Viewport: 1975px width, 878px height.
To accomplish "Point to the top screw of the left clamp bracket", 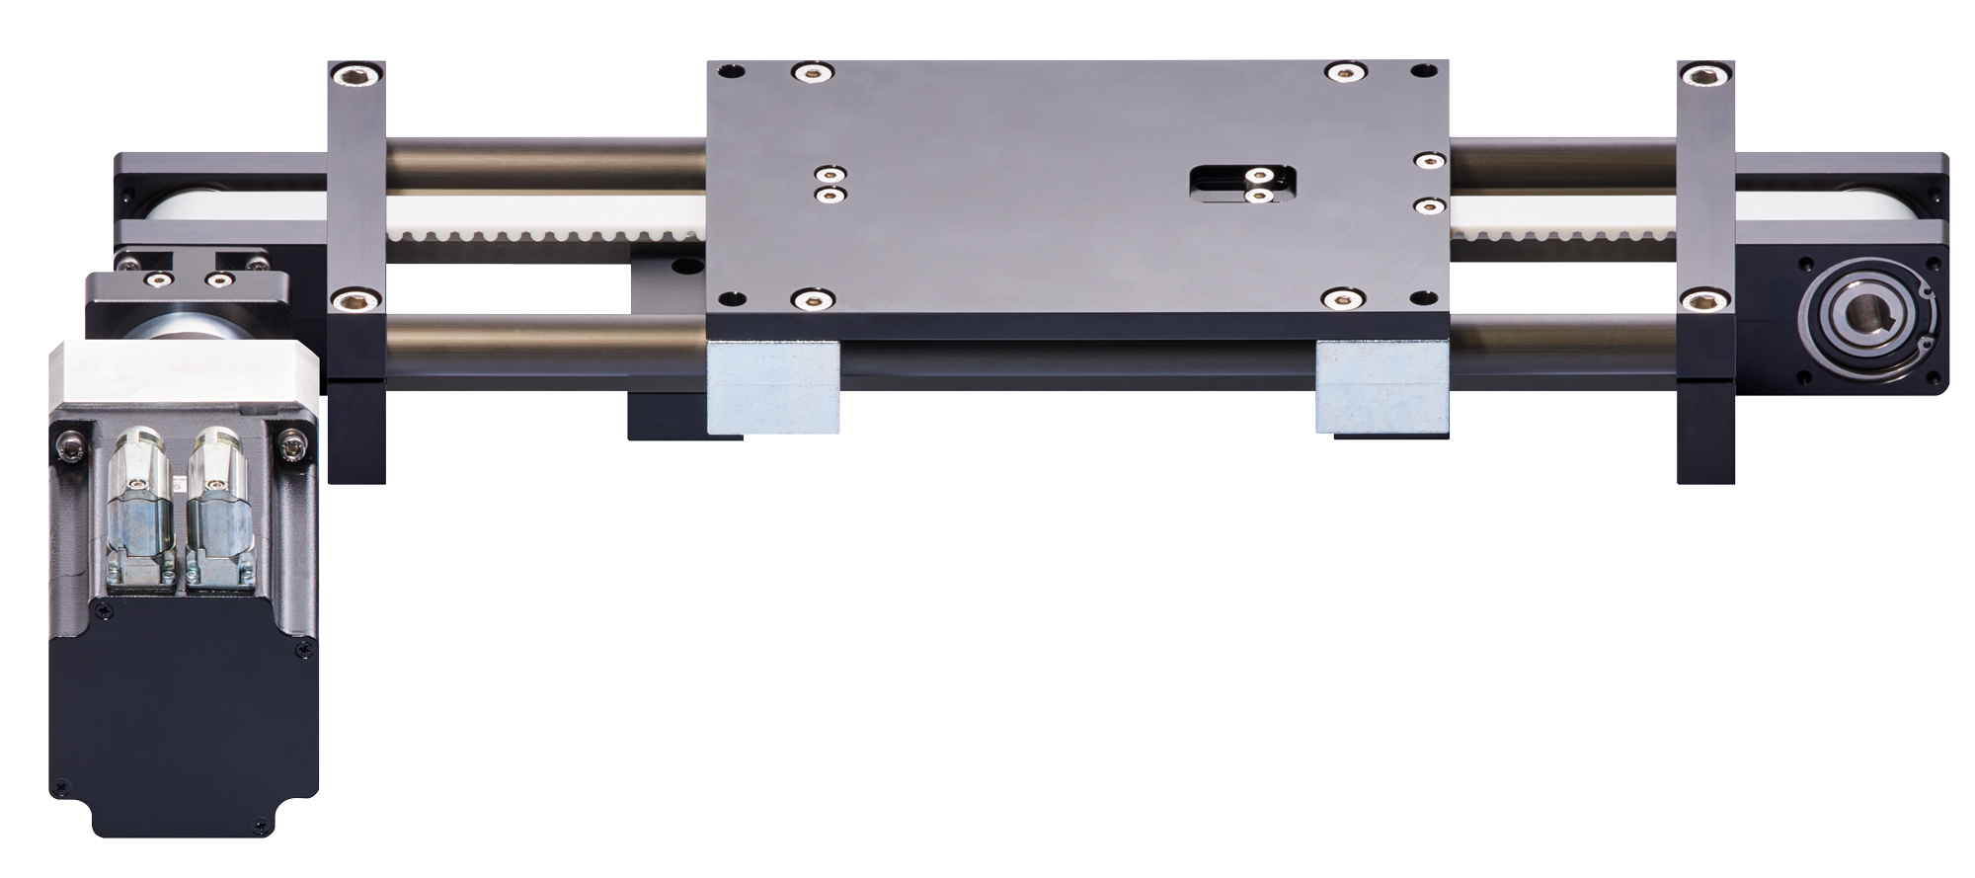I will coord(355,75).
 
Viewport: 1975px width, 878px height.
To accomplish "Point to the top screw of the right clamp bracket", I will coord(1705,75).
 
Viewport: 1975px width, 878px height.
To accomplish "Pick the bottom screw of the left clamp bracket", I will coord(355,298).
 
